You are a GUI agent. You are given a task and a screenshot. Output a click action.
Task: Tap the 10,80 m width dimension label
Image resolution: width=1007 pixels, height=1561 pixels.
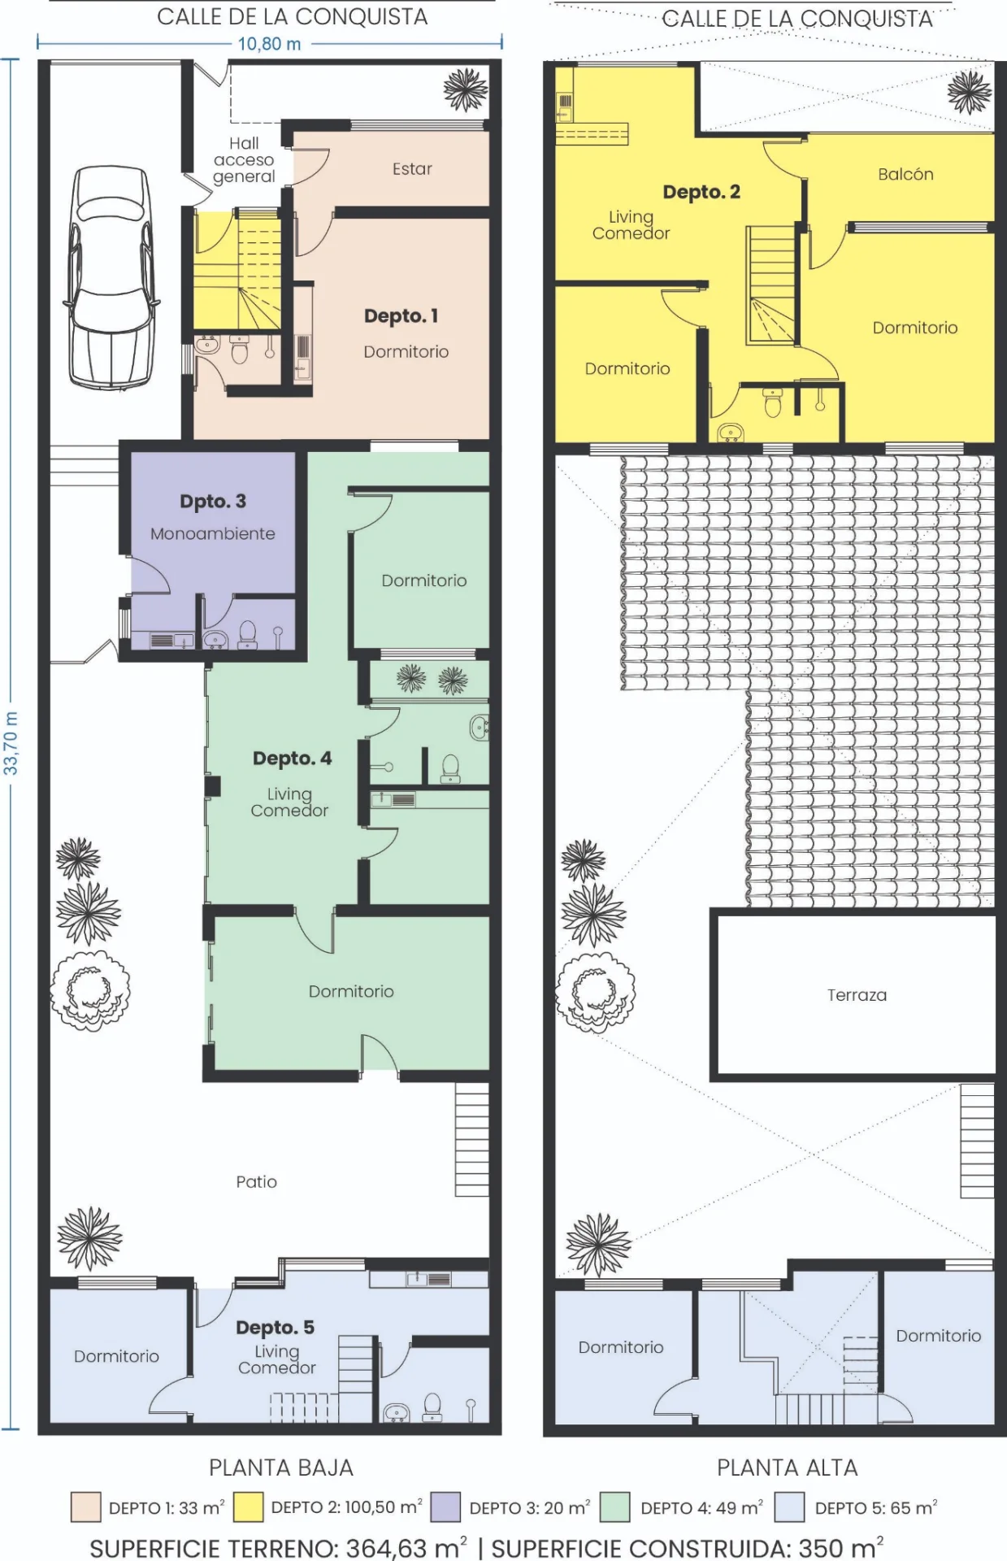tap(269, 44)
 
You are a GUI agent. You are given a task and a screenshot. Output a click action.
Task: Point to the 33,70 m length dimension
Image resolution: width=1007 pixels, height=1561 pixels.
tap(11, 743)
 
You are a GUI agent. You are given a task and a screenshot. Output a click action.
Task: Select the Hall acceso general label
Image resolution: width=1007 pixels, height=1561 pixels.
tap(244, 160)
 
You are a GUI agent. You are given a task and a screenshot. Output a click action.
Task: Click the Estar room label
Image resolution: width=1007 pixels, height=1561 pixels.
tap(412, 169)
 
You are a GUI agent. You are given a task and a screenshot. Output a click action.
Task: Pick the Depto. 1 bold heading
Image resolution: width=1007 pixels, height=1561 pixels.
tap(401, 315)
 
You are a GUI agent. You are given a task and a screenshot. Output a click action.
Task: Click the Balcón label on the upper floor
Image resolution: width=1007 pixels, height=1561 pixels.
tap(905, 174)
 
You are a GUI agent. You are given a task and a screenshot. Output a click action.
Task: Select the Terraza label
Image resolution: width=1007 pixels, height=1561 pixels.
tap(857, 995)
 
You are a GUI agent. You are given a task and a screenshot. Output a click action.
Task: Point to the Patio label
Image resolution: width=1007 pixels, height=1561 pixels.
tap(256, 1182)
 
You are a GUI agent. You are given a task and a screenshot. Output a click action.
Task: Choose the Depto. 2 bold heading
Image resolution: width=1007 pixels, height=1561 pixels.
tap(701, 192)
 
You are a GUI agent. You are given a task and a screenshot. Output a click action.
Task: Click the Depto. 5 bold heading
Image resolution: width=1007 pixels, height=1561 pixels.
tap(275, 1327)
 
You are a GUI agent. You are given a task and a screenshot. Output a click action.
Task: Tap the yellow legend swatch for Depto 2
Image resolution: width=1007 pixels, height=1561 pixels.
tap(248, 1507)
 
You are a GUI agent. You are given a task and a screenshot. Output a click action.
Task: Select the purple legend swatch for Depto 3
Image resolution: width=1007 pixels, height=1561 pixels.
tap(445, 1507)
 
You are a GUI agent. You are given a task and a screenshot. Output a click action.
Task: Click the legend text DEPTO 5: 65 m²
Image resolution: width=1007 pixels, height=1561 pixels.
tap(876, 1507)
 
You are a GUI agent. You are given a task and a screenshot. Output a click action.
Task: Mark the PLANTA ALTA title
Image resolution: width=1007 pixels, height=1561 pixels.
tap(787, 1468)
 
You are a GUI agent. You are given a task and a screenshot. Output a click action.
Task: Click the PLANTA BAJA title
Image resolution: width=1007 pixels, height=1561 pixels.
tap(281, 1468)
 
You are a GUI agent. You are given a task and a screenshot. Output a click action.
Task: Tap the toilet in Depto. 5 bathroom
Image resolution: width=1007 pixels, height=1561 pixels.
tap(432, 1407)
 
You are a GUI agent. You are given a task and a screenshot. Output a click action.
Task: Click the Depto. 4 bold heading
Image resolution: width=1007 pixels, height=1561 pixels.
tap(292, 759)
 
